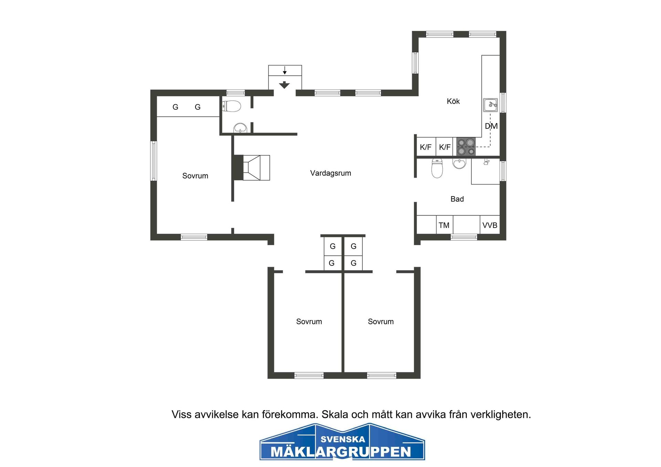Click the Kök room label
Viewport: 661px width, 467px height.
453,101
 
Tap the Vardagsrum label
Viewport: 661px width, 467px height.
330,173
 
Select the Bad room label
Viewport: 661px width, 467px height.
457,199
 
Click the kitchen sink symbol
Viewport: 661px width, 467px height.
490,105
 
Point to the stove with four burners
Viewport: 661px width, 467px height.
466,147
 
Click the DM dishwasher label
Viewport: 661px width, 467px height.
491,126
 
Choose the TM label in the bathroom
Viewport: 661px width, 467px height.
444,225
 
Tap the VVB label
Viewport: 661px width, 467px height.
490,225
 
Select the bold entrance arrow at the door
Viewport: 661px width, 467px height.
284,85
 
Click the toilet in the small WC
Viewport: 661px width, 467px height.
231,106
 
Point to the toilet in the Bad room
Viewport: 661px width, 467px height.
437,168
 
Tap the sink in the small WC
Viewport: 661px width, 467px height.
240,128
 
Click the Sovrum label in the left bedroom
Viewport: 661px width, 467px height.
195,176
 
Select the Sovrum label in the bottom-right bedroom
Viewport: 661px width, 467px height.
380,321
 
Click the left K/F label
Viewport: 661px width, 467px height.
426,147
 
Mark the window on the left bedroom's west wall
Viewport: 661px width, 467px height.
154,161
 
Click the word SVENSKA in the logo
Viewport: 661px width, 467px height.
343,439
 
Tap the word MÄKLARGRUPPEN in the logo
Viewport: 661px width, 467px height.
341,452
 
